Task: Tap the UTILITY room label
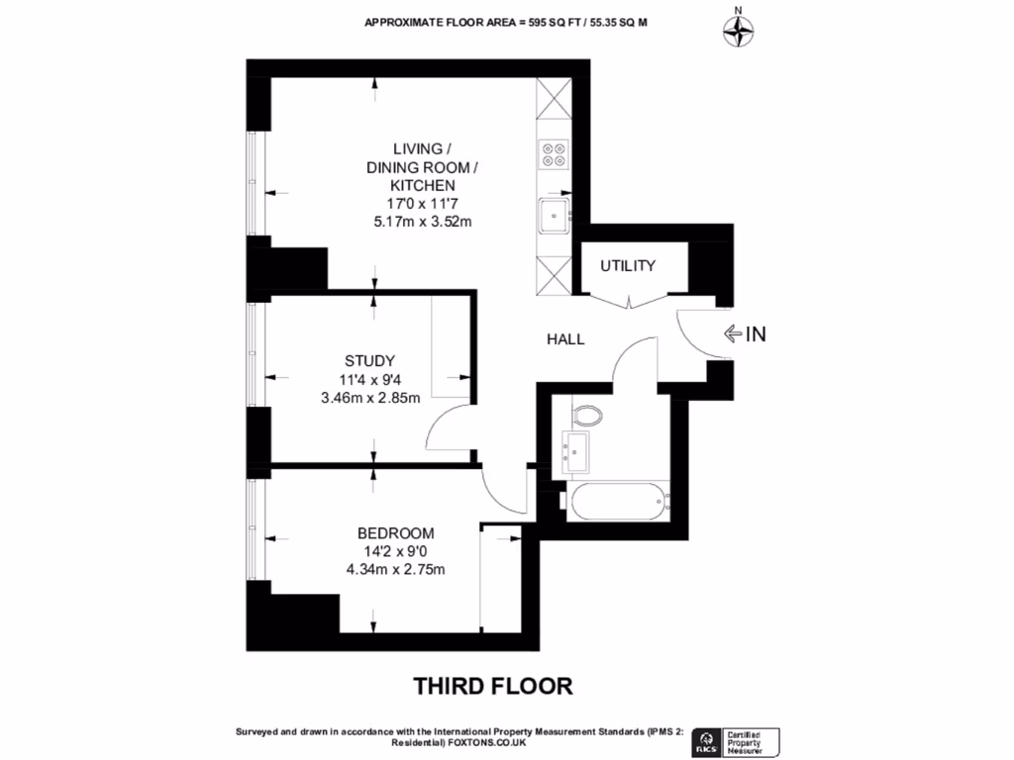[x=628, y=265]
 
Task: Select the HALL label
[x=565, y=339]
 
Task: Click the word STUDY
[x=370, y=360]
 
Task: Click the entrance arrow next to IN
[x=732, y=334]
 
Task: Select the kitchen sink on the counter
[x=554, y=213]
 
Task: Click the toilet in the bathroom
[x=586, y=414]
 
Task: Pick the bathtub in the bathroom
[x=619, y=501]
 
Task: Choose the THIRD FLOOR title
[x=492, y=685]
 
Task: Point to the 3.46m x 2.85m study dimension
[x=370, y=398]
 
